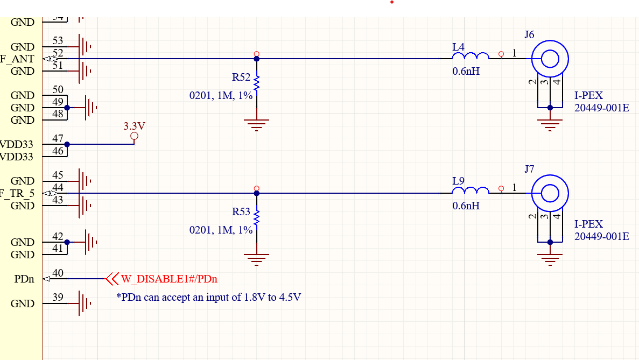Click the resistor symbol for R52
257,83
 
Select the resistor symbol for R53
257,218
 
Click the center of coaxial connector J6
550,59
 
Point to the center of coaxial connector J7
550,193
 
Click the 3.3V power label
134,126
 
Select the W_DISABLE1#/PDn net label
169,279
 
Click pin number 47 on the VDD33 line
58,139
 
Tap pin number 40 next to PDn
58,273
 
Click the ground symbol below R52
257,125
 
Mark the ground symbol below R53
257,259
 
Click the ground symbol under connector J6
550,125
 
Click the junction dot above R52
257,59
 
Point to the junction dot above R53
257,193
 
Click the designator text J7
529,170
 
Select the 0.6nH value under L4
466,71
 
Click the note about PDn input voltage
208,297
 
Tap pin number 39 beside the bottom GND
58,298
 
